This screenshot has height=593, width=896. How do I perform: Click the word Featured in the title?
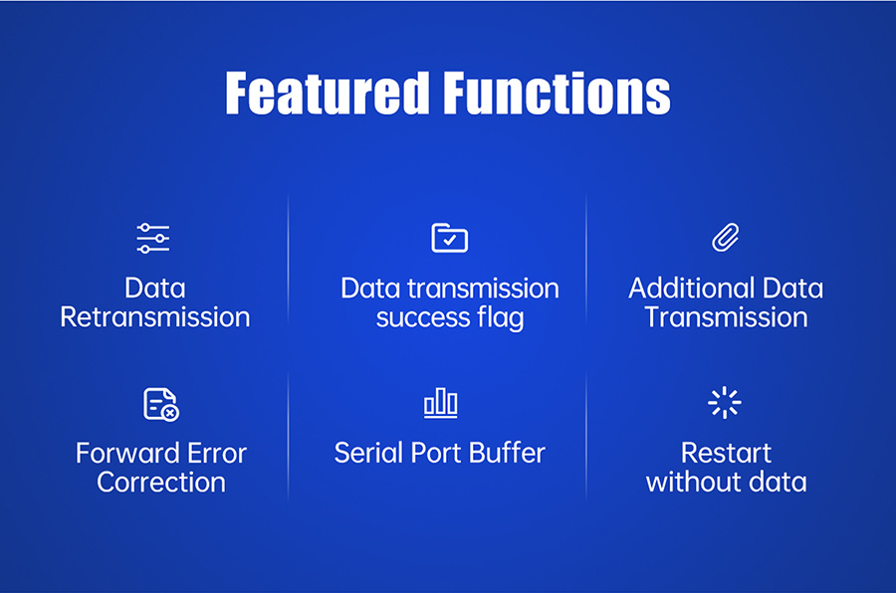pos(327,94)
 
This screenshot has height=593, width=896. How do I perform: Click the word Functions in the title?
pos(558,94)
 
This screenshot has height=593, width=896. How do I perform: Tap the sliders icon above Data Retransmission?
pos(153,238)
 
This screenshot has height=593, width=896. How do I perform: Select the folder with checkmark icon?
pos(450,238)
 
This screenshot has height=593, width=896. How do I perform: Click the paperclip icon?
pos(726,237)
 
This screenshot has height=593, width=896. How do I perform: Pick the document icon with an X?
pos(161,405)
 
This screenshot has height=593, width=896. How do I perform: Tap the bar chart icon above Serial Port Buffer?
pos(441,403)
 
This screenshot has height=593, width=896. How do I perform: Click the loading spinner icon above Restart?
pos(725,403)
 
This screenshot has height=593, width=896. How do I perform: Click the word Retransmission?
pos(155,317)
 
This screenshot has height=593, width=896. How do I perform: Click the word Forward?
pos(127,454)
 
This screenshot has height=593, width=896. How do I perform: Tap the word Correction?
pos(161,483)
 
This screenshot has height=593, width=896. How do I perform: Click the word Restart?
pos(727,454)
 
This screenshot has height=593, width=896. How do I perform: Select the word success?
pos(423,318)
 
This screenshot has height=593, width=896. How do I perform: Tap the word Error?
pos(217,454)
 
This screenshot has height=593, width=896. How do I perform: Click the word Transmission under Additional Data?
pos(727,317)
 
